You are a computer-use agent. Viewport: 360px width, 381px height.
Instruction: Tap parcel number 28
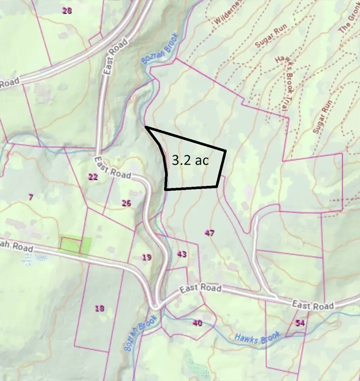(x=67, y=10)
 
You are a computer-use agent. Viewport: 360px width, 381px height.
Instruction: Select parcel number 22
(x=93, y=177)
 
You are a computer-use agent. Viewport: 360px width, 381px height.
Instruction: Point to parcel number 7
(x=31, y=197)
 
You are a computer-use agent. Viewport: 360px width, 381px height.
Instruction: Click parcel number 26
(x=126, y=203)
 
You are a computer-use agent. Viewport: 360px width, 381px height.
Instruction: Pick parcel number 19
(x=146, y=257)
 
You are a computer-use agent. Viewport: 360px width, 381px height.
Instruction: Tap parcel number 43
(x=181, y=254)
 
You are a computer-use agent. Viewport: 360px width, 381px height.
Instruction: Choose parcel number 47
(x=209, y=233)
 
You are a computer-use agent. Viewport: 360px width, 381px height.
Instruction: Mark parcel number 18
(x=100, y=309)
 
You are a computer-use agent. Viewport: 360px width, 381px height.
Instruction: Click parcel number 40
(x=197, y=323)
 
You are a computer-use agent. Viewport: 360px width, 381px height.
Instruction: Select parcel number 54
(x=300, y=323)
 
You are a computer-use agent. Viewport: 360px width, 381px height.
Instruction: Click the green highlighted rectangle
(x=76, y=245)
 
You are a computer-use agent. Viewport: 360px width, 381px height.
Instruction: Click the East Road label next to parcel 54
(x=312, y=305)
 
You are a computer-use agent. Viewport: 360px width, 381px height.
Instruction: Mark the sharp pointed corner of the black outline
(x=146, y=128)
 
